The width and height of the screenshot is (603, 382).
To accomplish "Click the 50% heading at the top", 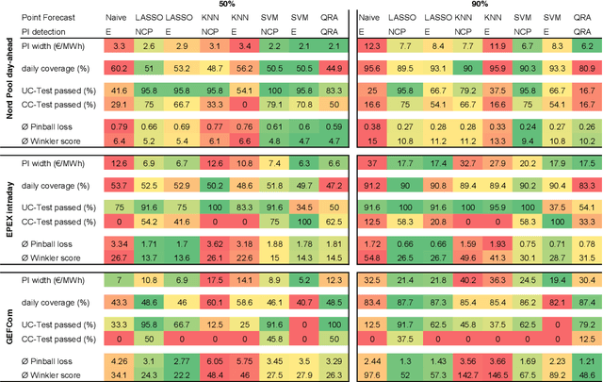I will pos(227,6).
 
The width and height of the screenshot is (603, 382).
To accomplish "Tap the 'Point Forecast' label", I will pos(50,18).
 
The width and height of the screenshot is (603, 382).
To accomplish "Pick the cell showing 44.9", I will pos(334,68).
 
